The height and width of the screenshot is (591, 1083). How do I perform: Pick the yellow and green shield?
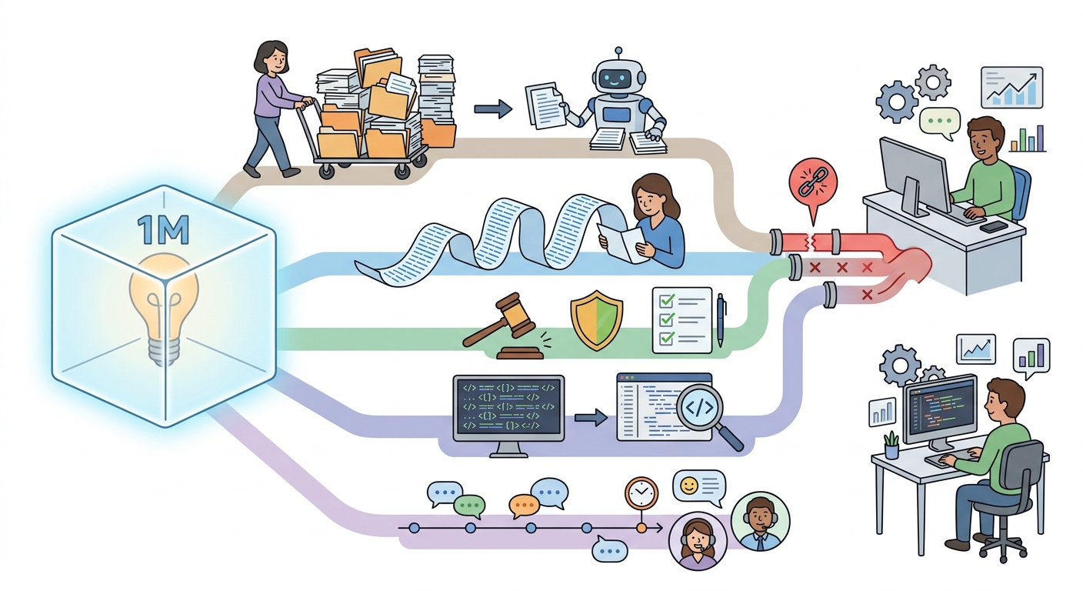[597, 319]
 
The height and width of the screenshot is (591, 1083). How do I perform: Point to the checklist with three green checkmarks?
[681, 320]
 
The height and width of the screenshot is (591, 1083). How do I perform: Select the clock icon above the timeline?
[641, 492]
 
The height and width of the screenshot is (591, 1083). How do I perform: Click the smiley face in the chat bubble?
[689, 486]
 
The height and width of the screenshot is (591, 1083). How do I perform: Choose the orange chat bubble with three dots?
[524, 506]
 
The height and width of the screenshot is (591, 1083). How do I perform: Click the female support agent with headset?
[698, 541]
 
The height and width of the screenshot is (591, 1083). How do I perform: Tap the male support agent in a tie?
[760, 521]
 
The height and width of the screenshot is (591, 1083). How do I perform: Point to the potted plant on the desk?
[891, 445]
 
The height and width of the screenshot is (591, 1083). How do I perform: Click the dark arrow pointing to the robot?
[493, 109]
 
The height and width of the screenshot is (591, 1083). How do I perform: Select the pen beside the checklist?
[721, 319]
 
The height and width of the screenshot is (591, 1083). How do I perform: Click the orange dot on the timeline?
[641, 528]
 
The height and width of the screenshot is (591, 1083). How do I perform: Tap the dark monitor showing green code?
[508, 408]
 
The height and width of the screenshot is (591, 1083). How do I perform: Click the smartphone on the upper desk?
[994, 225]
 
